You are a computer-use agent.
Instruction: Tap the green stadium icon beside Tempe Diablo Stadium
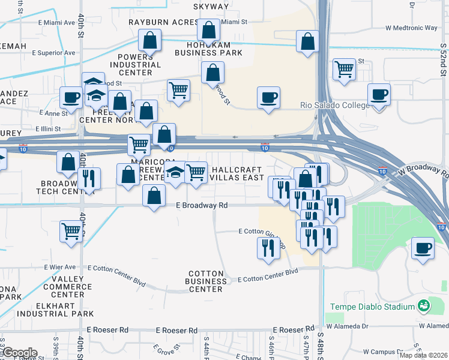point(424,306)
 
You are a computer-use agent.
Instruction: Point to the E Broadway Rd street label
point(202,205)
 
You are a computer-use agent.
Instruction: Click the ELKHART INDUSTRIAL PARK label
point(55,309)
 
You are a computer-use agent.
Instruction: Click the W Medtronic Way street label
point(411,28)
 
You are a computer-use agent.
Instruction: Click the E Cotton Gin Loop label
point(261,232)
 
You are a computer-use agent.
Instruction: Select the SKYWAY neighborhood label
point(211,7)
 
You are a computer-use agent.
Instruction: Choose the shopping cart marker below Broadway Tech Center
point(71,231)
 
